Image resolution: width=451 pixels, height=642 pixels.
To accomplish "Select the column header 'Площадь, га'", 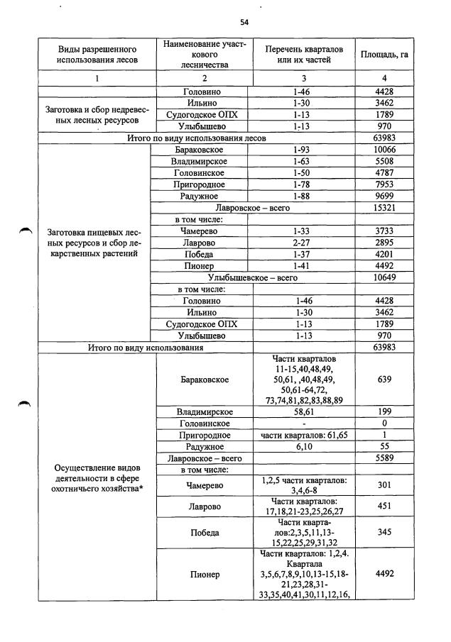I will click(384, 55).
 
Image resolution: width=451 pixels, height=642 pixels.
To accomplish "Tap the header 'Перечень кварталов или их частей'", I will click(303, 55).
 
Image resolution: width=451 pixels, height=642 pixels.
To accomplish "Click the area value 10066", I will click(384, 150).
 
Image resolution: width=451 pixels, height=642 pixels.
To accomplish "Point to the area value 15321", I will click(384, 208).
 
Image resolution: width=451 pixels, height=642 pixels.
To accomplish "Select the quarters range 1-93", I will click(303, 150).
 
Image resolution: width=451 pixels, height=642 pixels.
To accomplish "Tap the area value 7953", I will click(384, 184).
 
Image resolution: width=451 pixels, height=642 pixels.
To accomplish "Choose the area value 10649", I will click(384, 277).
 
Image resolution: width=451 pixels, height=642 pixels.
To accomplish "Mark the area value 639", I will click(384, 380).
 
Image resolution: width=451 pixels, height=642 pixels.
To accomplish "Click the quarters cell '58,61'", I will click(303, 411).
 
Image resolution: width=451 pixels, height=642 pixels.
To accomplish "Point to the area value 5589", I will click(384, 458).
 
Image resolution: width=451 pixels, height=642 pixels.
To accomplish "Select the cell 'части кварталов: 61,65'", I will click(303, 435).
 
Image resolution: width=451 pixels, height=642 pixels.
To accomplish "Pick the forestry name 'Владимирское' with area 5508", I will click(198, 162).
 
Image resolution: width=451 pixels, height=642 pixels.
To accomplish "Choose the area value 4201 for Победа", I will click(384, 254).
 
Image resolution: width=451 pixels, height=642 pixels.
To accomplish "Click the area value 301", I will click(384, 485).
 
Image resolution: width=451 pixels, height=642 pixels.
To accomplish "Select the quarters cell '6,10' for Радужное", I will click(303, 446).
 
